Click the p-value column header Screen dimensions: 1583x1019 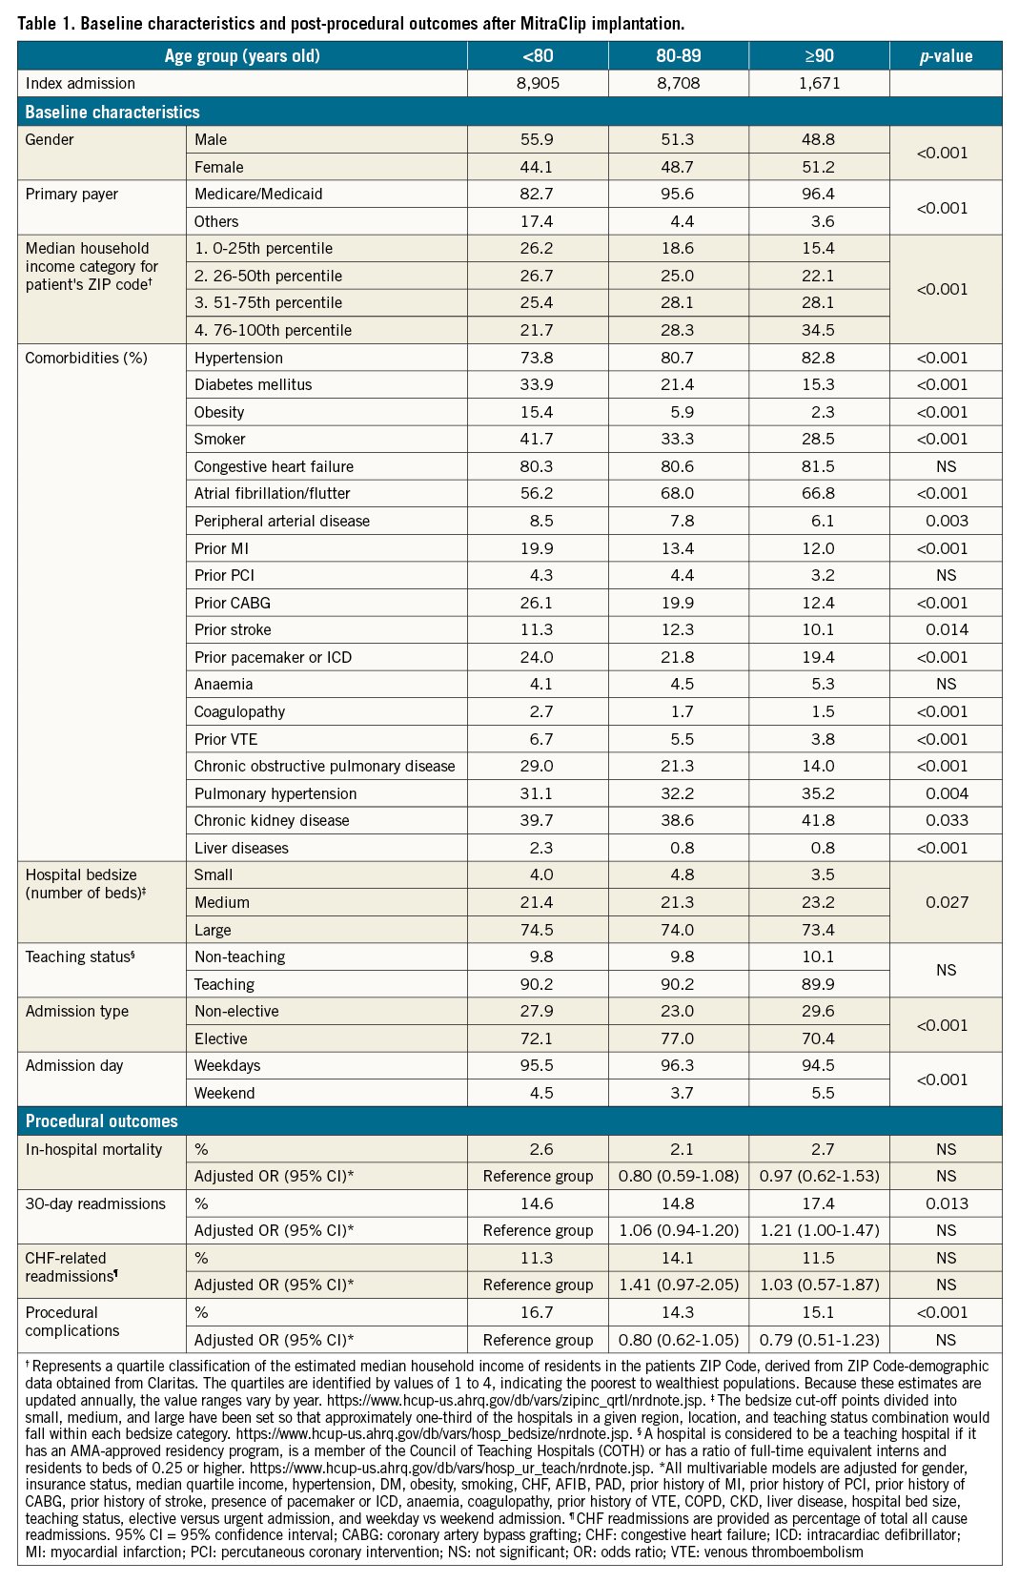(x=946, y=55)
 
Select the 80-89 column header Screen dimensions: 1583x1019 (x=678, y=55)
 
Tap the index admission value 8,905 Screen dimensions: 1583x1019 (x=538, y=83)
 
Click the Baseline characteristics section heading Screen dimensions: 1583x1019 (x=112, y=112)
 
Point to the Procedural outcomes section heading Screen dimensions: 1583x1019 (x=101, y=1120)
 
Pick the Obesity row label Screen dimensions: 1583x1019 (x=219, y=412)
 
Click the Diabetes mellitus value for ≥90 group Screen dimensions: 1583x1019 (x=818, y=384)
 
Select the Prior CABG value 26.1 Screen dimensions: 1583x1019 (x=537, y=603)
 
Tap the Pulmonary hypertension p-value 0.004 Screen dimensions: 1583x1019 (x=946, y=793)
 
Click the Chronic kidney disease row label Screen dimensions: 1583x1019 (x=272, y=820)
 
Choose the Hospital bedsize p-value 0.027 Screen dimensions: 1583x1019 (x=946, y=902)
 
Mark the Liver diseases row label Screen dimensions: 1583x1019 (x=241, y=848)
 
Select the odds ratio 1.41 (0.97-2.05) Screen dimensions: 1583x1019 (x=678, y=1285)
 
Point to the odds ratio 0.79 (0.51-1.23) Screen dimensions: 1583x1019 (x=819, y=1340)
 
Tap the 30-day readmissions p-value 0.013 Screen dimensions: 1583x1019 (x=946, y=1203)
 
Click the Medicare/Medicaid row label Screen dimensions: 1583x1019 (x=258, y=194)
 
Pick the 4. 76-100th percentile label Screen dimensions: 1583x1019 (x=273, y=330)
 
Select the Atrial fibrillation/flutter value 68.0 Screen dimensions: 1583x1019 (x=677, y=493)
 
